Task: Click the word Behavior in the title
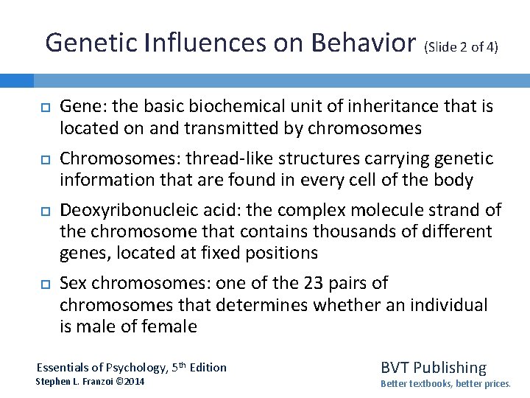point(363,43)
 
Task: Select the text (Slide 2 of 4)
point(461,47)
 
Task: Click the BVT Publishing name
point(433,367)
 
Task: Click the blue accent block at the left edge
point(17,80)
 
